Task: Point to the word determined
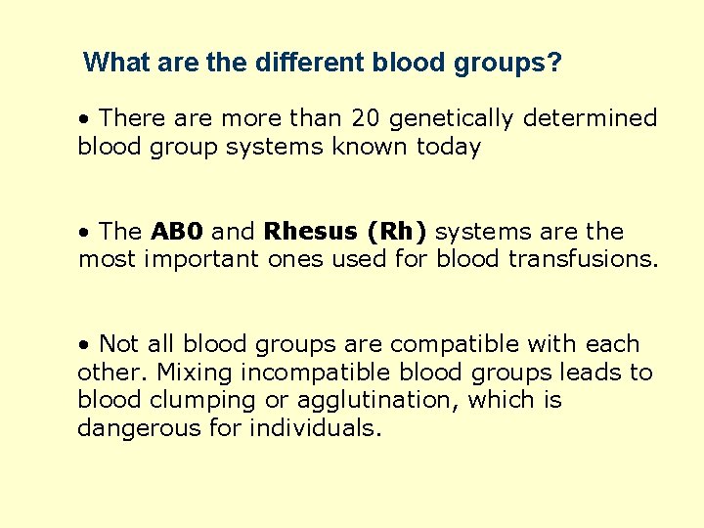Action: click(x=591, y=118)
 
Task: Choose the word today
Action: click(x=448, y=147)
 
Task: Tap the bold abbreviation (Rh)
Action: click(x=394, y=232)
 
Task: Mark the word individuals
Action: click(x=316, y=428)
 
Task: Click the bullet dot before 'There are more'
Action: click(x=86, y=119)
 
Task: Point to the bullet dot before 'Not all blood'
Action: click(x=86, y=345)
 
